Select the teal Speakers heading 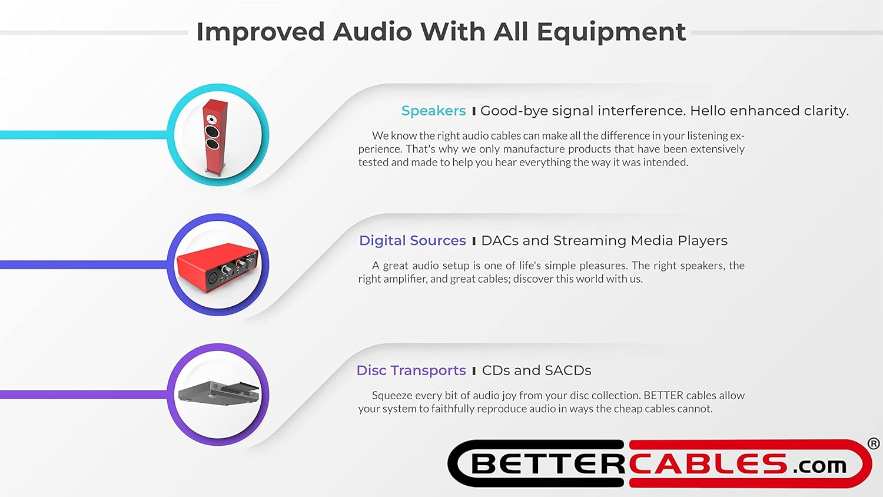click(x=433, y=111)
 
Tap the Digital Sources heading click(x=412, y=241)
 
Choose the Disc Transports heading click(x=411, y=370)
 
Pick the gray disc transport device click(x=218, y=392)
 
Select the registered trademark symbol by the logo click(x=874, y=443)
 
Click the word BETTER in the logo click(x=547, y=465)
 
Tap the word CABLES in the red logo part click(x=709, y=465)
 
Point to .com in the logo click(x=819, y=466)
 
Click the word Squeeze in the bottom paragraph click(x=393, y=396)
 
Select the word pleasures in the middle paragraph click(x=607, y=266)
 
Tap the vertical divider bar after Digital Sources click(x=473, y=241)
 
